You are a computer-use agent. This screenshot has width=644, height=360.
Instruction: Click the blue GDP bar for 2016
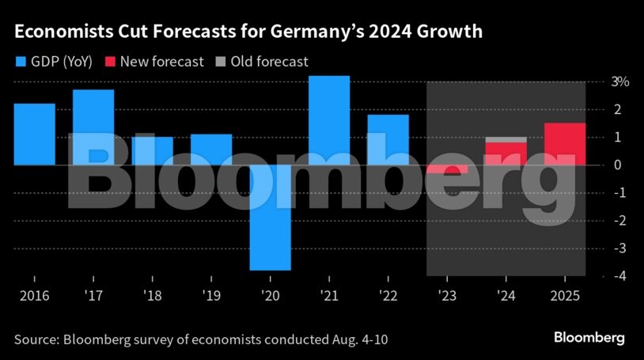tap(35, 135)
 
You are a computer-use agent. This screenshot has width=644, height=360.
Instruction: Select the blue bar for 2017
tap(93, 127)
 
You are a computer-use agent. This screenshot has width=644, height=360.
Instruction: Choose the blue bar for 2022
tap(388, 140)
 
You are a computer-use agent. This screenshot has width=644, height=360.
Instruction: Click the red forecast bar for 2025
tap(565, 144)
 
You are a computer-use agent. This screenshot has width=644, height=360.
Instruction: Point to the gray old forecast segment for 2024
tap(506, 140)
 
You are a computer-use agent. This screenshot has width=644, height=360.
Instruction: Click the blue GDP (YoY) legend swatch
tap(21, 61)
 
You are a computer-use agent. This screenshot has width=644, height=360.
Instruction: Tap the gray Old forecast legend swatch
tap(220, 61)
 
